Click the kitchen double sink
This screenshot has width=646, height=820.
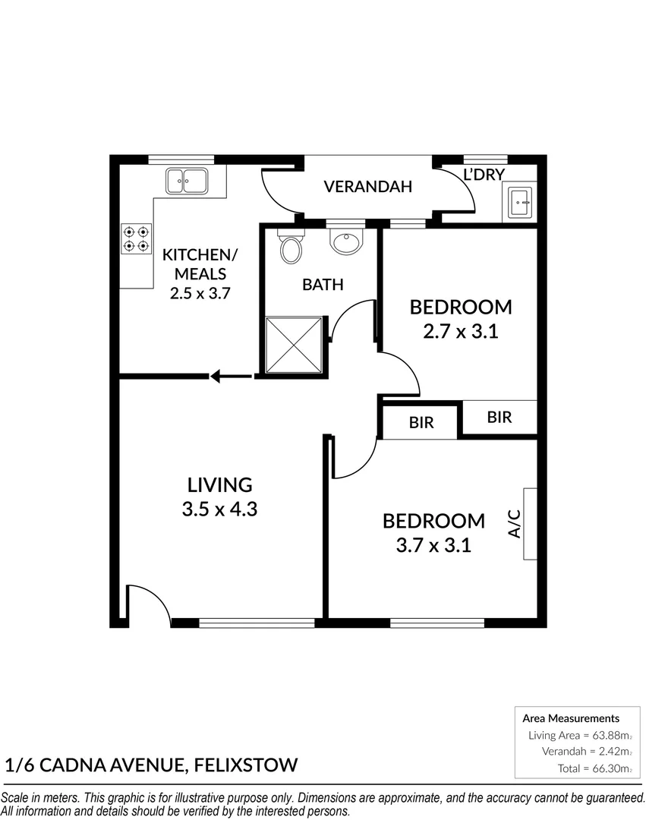[x=187, y=181]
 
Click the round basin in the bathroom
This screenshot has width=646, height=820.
[x=346, y=241]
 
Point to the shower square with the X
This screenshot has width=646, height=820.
[x=294, y=345]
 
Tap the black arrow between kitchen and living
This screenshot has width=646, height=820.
[x=231, y=375]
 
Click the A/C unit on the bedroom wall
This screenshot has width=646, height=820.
[x=529, y=524]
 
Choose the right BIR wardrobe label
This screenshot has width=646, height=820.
[x=499, y=417]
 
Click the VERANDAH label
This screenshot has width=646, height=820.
[x=367, y=187]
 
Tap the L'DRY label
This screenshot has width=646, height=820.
[x=484, y=175]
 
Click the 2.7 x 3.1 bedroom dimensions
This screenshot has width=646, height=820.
[x=460, y=331]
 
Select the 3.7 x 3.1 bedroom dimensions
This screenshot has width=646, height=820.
[x=433, y=544]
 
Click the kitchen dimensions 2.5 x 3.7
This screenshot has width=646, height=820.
[x=200, y=293]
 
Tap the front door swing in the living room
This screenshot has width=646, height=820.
[x=147, y=603]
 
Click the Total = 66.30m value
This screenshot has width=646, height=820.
[x=591, y=768]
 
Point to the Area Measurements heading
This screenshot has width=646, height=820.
[x=571, y=717]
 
